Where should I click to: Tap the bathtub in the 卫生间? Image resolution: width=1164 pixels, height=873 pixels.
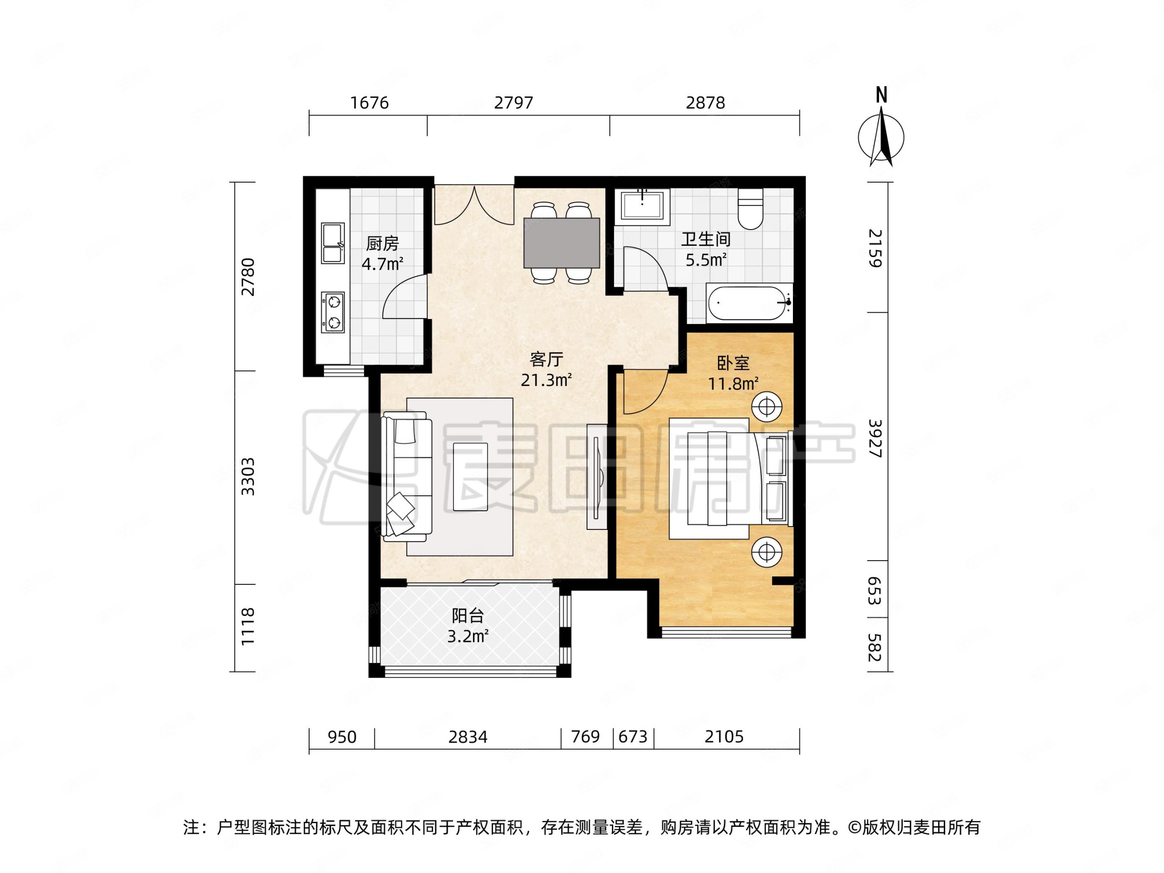(x=748, y=304)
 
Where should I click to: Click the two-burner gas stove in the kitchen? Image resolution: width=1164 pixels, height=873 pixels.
(x=333, y=312)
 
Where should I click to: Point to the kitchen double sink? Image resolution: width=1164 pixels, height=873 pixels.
(x=332, y=243)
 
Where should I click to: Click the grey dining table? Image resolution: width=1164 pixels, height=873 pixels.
(x=562, y=243)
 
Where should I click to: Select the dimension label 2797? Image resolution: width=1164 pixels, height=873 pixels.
(x=513, y=102)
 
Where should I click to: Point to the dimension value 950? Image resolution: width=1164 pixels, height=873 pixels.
(x=342, y=737)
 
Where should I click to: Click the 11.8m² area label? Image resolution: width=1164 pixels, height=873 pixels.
(x=732, y=384)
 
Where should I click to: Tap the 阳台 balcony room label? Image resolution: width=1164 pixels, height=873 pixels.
(x=467, y=615)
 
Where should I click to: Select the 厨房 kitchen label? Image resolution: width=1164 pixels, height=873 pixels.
(x=383, y=244)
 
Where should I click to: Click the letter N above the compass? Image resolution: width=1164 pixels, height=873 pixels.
(x=881, y=95)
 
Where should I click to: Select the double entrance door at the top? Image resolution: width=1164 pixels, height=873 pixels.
(x=474, y=205)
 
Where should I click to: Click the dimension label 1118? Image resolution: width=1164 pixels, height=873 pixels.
(x=247, y=627)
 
